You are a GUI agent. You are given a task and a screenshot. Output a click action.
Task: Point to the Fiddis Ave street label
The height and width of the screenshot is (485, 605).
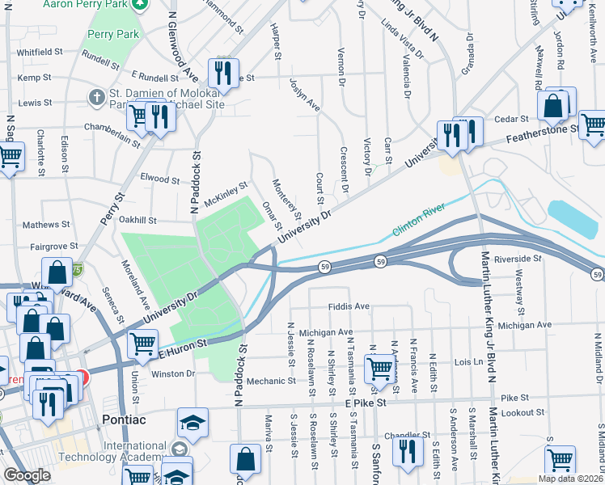(x=349, y=307)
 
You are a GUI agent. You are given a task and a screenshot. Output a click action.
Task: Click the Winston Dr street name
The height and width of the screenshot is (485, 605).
(x=174, y=373)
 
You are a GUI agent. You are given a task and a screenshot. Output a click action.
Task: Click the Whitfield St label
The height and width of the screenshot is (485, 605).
(x=45, y=52)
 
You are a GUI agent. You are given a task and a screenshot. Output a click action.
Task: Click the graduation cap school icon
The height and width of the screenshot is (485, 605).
(x=193, y=422)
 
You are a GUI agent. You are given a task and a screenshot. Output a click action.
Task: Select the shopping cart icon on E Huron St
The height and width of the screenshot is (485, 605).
(x=142, y=343)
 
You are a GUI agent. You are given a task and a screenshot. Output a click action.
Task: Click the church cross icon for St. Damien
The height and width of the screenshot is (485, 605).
(x=97, y=97)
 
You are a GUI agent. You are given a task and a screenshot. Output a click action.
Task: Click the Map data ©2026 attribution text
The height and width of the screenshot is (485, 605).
(x=570, y=479)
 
